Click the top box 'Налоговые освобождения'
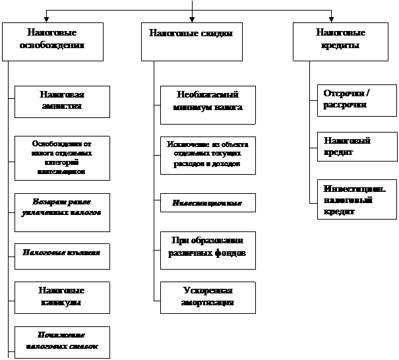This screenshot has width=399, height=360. (x=52, y=41)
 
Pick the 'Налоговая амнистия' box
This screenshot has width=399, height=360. (x=61, y=102)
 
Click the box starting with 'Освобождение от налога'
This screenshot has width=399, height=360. (x=61, y=158)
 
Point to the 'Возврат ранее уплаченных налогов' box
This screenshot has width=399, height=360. (x=61, y=211)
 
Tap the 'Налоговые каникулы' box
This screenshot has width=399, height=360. (x=61, y=297)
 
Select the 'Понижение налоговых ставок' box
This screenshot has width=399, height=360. (x=61, y=340)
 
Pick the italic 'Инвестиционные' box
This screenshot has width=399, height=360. (x=207, y=204)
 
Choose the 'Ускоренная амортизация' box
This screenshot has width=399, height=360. (x=207, y=297)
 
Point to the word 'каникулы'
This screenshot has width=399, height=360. (x=61, y=303)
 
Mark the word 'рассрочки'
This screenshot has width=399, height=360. (x=345, y=105)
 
